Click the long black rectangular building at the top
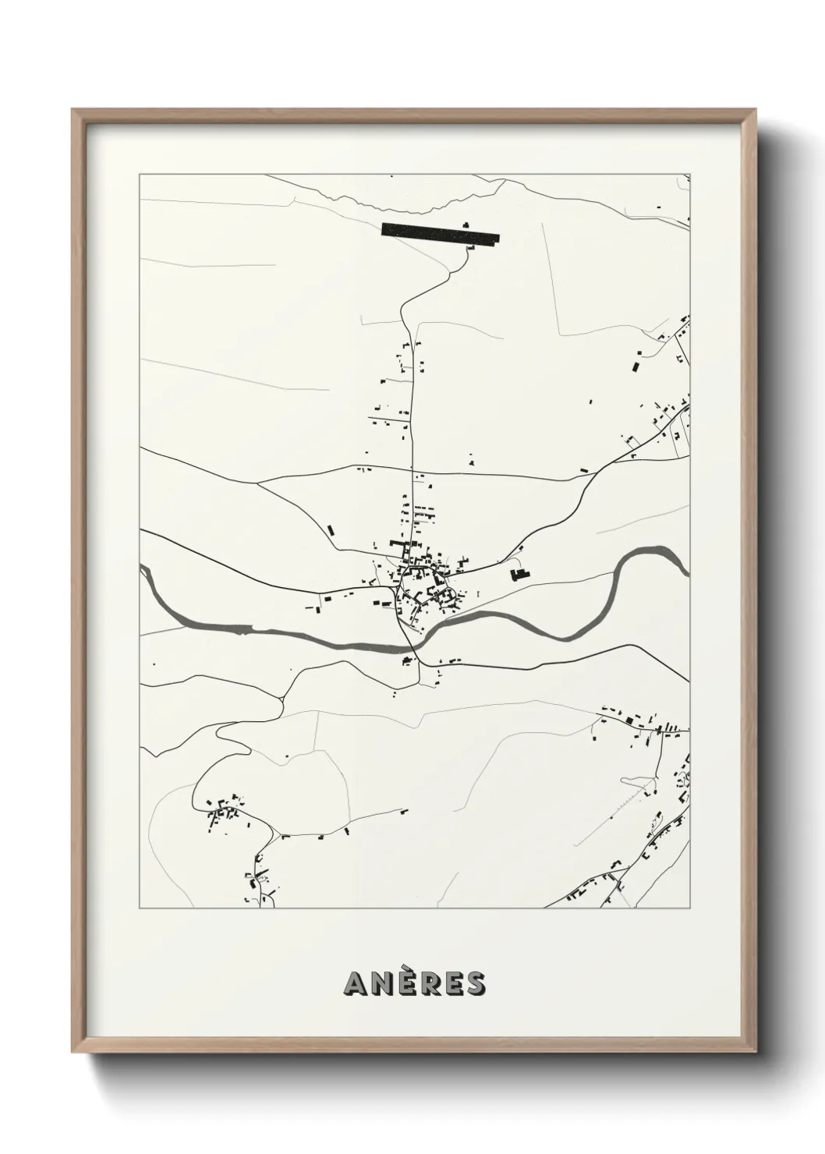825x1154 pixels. [440, 235]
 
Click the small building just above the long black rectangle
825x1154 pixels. [466, 225]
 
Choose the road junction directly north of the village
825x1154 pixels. [412, 470]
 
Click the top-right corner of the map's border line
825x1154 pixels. [689, 174]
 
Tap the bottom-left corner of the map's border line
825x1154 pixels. [140, 908]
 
